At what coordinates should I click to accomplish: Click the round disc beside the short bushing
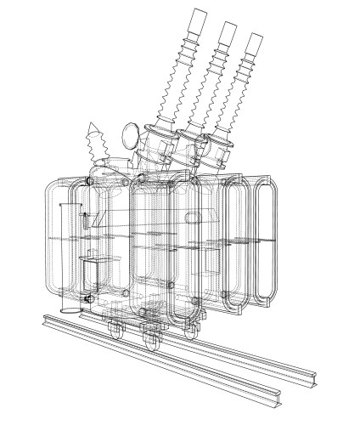pos(131,134)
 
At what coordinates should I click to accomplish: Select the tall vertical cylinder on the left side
pos(70,255)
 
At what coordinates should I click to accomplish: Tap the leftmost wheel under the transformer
pos(118,328)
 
